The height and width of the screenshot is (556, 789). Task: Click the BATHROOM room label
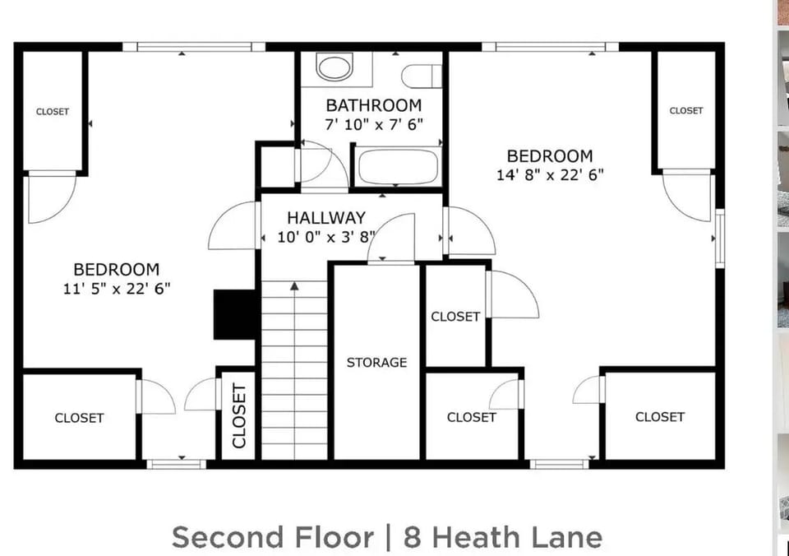click(373, 105)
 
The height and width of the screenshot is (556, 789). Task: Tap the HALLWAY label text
click(325, 218)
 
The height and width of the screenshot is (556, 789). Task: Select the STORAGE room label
click(376, 362)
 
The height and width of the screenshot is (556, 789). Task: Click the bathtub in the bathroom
click(398, 167)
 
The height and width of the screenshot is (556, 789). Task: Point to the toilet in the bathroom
click(421, 76)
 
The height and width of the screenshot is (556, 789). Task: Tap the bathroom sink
click(335, 67)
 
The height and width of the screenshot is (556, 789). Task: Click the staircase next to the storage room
click(294, 370)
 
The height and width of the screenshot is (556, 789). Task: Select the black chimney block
click(234, 314)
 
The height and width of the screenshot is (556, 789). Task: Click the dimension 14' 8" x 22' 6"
click(549, 174)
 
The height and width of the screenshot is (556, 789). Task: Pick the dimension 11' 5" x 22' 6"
click(116, 288)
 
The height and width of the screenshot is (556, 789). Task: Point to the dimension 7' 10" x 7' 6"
click(373, 124)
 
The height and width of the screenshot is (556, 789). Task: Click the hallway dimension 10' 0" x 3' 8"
click(325, 238)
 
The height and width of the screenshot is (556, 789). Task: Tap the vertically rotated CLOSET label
click(239, 415)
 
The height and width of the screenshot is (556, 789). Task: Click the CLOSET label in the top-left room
click(53, 112)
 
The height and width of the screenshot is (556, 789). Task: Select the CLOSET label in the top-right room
click(686, 111)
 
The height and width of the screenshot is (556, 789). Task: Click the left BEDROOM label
click(116, 269)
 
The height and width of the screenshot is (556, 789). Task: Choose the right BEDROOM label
click(549, 155)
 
